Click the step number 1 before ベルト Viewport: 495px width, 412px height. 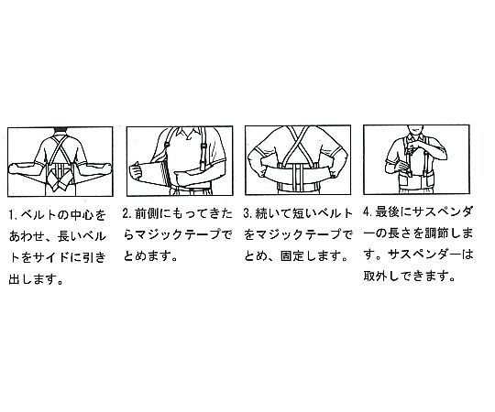(x=12, y=215)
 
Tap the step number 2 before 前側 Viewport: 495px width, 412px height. (x=126, y=213)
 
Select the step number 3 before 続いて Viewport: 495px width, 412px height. (x=247, y=213)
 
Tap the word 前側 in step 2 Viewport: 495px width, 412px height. (x=147, y=213)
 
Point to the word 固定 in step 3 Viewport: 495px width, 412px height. (x=292, y=255)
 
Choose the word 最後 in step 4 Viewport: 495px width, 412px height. (x=387, y=211)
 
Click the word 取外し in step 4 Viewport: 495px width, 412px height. (x=381, y=276)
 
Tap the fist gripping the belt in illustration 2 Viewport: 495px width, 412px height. (x=136, y=171)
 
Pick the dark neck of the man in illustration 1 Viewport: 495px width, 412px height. (x=60, y=131)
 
